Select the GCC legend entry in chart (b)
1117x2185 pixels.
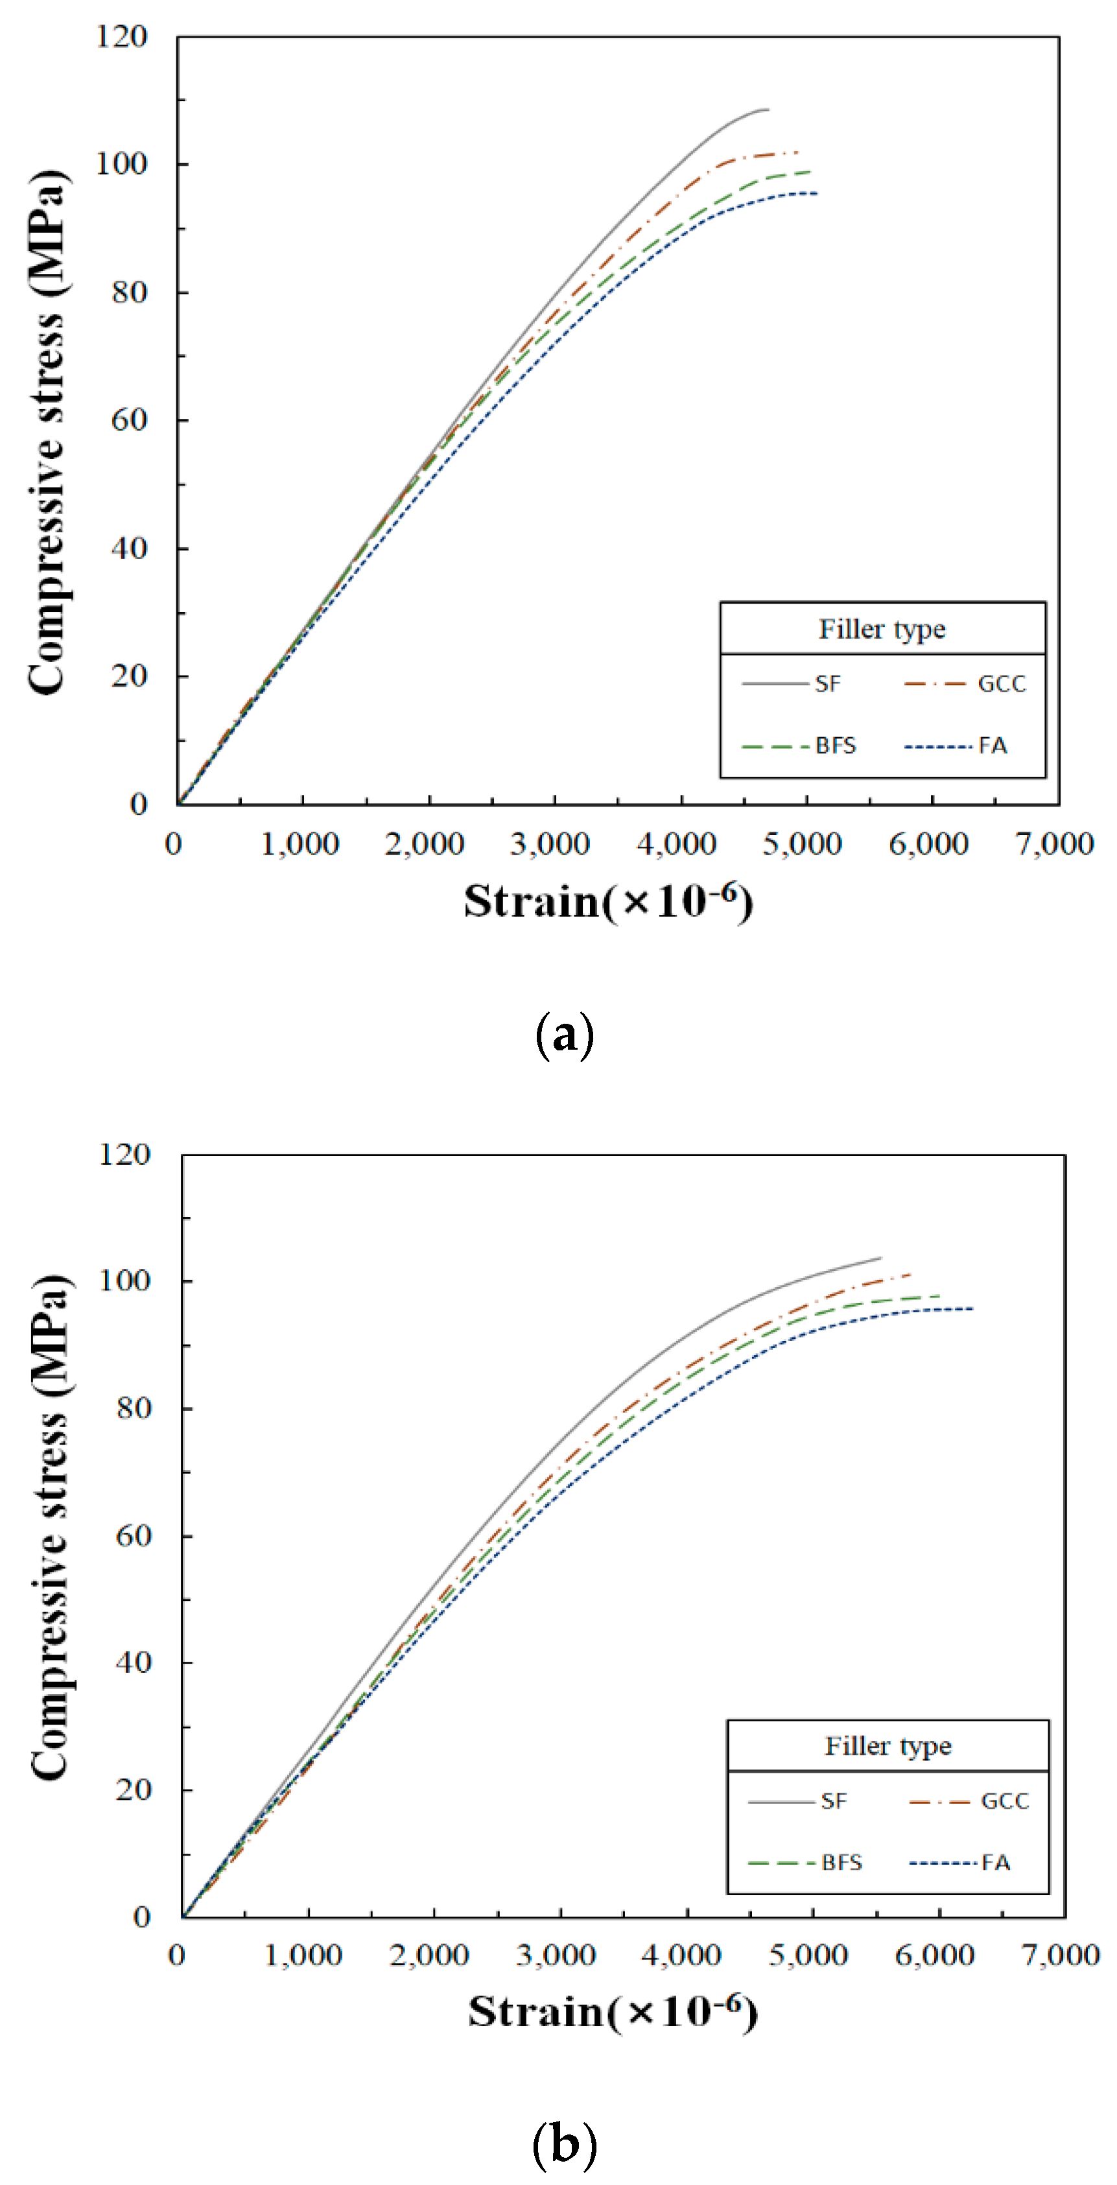point(1004,1801)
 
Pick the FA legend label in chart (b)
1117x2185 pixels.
point(996,1863)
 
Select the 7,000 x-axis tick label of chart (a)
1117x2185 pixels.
point(1054,844)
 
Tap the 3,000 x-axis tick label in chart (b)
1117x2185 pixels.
point(556,1956)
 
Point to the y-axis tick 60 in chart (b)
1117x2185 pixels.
point(132,1535)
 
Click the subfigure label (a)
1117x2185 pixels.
point(565,1035)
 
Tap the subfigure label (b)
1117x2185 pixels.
point(564,2144)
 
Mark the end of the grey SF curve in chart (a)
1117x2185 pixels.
point(768,110)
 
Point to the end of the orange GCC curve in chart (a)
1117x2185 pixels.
point(798,152)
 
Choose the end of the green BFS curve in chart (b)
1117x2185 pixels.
point(940,1295)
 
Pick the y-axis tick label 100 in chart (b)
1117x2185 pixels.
point(124,1280)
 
